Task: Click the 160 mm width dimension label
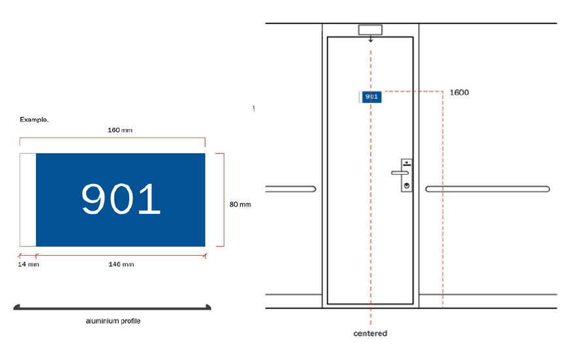(120, 130)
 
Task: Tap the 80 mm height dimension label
(240, 205)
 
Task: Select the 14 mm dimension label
(29, 264)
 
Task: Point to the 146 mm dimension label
(121, 264)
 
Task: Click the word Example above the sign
(34, 119)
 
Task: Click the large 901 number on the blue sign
(121, 199)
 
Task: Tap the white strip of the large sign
(28, 200)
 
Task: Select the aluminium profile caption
(113, 321)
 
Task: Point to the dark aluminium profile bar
(112, 308)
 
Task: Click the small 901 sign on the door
(371, 97)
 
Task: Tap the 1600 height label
(459, 93)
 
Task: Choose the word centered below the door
(370, 333)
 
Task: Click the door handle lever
(400, 173)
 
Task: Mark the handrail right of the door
(487, 189)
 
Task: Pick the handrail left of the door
(290, 189)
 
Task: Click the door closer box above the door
(371, 30)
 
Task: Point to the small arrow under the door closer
(371, 38)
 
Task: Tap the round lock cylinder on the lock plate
(407, 186)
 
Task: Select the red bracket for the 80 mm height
(224, 200)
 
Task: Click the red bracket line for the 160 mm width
(112, 138)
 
